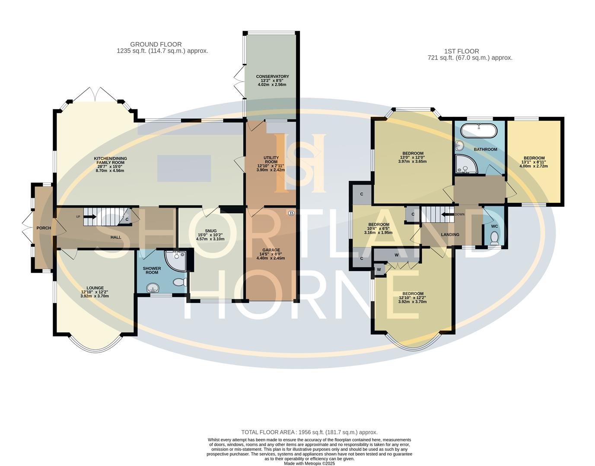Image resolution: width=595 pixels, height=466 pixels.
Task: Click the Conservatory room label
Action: click(x=272, y=77)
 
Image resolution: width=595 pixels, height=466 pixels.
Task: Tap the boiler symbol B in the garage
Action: click(x=291, y=213)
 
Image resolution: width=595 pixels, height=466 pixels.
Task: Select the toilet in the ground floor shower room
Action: click(x=179, y=283)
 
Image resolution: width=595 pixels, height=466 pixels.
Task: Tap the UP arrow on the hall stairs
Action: click(x=89, y=217)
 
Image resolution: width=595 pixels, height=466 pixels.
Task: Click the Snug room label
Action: click(x=211, y=231)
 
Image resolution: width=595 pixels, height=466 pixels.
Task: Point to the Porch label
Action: click(x=44, y=228)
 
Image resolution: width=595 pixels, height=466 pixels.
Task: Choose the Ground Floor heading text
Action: click(x=156, y=44)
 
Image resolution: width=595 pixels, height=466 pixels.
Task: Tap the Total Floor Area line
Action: click(x=309, y=432)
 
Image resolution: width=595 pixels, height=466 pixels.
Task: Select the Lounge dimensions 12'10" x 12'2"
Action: click(x=95, y=292)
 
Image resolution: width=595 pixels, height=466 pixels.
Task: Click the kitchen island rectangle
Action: click(x=184, y=167)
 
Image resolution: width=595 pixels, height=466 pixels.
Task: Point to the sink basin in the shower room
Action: click(x=152, y=288)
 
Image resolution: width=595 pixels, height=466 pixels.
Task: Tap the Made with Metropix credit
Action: click(x=309, y=463)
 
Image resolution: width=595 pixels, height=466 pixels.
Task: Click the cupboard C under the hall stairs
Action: click(x=127, y=219)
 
